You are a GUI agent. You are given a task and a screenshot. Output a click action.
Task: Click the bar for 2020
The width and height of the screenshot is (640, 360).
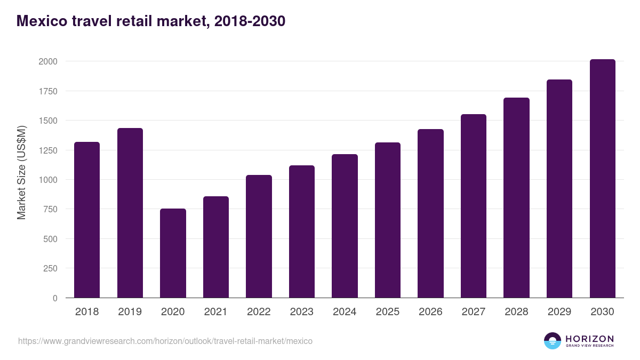click(173, 253)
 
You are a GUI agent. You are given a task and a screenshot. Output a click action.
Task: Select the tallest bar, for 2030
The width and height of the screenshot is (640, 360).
click(602, 179)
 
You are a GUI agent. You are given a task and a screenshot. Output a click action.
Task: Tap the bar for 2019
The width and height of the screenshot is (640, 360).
click(130, 213)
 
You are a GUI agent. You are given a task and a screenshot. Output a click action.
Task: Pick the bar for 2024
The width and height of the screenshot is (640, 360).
click(345, 226)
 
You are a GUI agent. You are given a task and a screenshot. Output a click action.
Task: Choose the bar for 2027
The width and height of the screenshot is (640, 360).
click(474, 206)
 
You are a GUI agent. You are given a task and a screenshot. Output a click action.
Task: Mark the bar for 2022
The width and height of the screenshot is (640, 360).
click(259, 236)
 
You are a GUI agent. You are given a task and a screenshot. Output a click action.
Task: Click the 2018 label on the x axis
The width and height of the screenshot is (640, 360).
click(87, 312)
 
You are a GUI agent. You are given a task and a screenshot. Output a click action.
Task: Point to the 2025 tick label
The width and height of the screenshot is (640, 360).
click(388, 312)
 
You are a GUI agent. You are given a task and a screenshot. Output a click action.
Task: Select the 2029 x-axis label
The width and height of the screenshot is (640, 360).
click(559, 312)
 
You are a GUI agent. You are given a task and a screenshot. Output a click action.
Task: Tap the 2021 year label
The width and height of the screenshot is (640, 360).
click(216, 312)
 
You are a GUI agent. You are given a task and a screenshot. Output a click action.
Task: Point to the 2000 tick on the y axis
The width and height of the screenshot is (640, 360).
click(47, 61)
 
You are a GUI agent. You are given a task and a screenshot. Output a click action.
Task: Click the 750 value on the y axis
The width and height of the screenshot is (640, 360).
click(50, 209)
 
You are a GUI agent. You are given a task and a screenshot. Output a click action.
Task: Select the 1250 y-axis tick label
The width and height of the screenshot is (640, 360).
click(47, 150)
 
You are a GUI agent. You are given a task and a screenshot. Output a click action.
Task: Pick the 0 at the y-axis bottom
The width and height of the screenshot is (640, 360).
click(55, 298)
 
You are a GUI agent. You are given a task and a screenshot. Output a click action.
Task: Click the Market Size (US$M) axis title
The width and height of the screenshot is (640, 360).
click(21, 172)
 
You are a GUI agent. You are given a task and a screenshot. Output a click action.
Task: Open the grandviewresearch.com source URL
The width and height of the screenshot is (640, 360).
click(165, 341)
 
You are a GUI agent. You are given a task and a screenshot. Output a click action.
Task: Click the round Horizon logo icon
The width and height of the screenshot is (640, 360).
click(553, 341)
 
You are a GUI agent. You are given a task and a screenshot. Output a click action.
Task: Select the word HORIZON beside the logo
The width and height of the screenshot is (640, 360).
click(589, 338)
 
